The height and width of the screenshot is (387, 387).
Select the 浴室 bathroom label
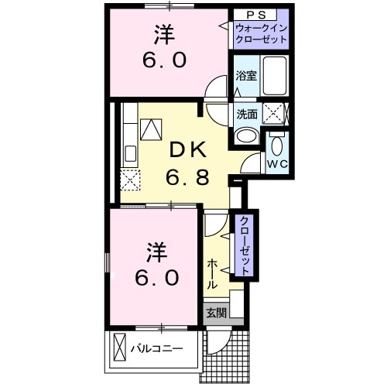[x=245, y=76]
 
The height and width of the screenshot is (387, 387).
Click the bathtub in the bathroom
[x=275, y=76]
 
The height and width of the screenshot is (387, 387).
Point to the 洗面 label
[x=247, y=113]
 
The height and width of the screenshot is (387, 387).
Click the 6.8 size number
[x=187, y=178]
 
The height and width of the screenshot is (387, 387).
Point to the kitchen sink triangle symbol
[x=152, y=127]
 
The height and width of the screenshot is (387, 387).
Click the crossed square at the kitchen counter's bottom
[x=129, y=181]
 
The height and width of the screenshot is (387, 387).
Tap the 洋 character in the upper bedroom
[x=163, y=36]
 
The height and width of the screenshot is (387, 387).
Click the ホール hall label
[x=212, y=273]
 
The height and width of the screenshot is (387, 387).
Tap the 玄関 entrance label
[x=216, y=313]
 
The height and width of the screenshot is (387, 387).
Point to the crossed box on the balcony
[x=121, y=346]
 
